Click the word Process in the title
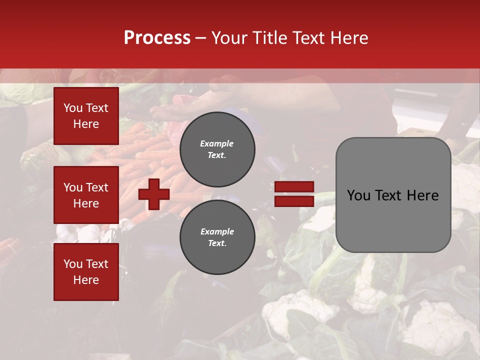point(157,38)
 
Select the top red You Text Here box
point(86,116)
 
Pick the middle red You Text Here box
point(86,195)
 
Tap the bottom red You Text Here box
point(86,272)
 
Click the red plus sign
point(154,194)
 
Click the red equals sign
point(294,194)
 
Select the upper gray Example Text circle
point(217,149)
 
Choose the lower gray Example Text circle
point(217,237)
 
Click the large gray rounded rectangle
point(393,195)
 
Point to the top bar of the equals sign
point(294,187)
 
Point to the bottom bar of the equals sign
point(294,201)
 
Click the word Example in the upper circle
point(217,143)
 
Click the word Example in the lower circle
point(217,231)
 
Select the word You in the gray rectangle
point(358,195)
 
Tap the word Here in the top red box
point(86,124)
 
